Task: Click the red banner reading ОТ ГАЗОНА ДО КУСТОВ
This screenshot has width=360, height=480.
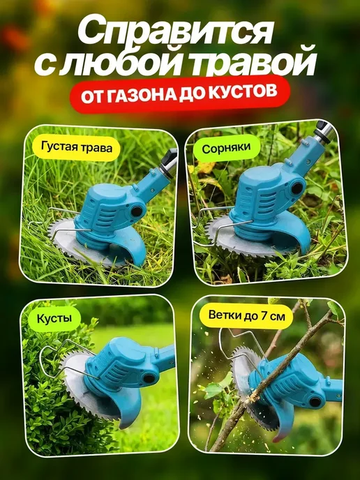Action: coord(180,94)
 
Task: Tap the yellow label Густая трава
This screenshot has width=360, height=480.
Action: coord(77,147)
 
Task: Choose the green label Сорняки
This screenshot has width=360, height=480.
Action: coord(226,148)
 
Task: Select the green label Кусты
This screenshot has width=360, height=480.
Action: coord(54,318)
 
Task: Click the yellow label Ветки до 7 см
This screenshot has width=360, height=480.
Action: coord(246,315)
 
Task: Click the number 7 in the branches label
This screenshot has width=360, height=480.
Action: coord(264,315)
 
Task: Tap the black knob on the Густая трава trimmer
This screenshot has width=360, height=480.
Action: coord(137,211)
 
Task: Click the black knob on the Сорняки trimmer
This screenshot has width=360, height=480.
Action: coord(297,188)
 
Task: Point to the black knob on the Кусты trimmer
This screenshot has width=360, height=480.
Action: coord(149,378)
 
